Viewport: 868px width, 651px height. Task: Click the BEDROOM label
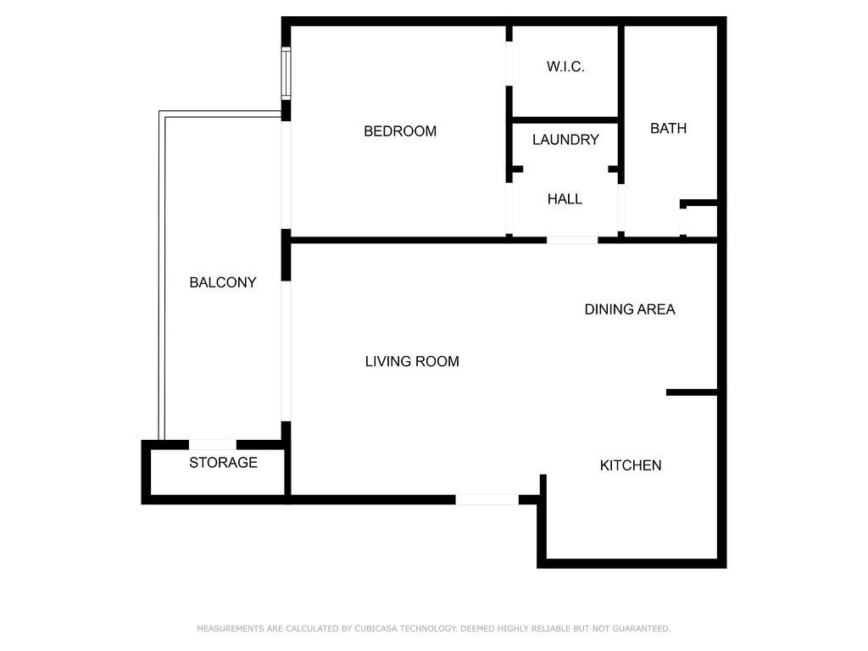tap(400, 131)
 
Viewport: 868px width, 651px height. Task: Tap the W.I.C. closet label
tap(565, 67)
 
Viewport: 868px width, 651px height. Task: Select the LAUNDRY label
tap(565, 140)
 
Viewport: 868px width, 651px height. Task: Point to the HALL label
tap(565, 198)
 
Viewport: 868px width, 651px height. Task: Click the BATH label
tap(668, 129)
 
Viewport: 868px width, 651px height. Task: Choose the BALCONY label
tap(223, 282)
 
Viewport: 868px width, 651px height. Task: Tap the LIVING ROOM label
tap(412, 361)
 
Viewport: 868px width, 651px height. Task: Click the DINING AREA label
tap(630, 309)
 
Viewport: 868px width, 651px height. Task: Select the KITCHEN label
tap(631, 465)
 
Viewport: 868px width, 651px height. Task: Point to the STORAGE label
tap(223, 462)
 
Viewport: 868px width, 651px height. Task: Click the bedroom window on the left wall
tap(286, 74)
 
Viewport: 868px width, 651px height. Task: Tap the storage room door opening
tap(213, 444)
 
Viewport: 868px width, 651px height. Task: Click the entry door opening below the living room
tap(487, 500)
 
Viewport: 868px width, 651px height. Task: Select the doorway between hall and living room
tap(572, 240)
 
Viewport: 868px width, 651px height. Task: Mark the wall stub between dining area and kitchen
tap(692, 392)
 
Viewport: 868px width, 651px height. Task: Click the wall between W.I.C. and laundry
tap(565, 120)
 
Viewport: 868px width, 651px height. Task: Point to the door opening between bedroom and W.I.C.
tap(509, 64)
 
